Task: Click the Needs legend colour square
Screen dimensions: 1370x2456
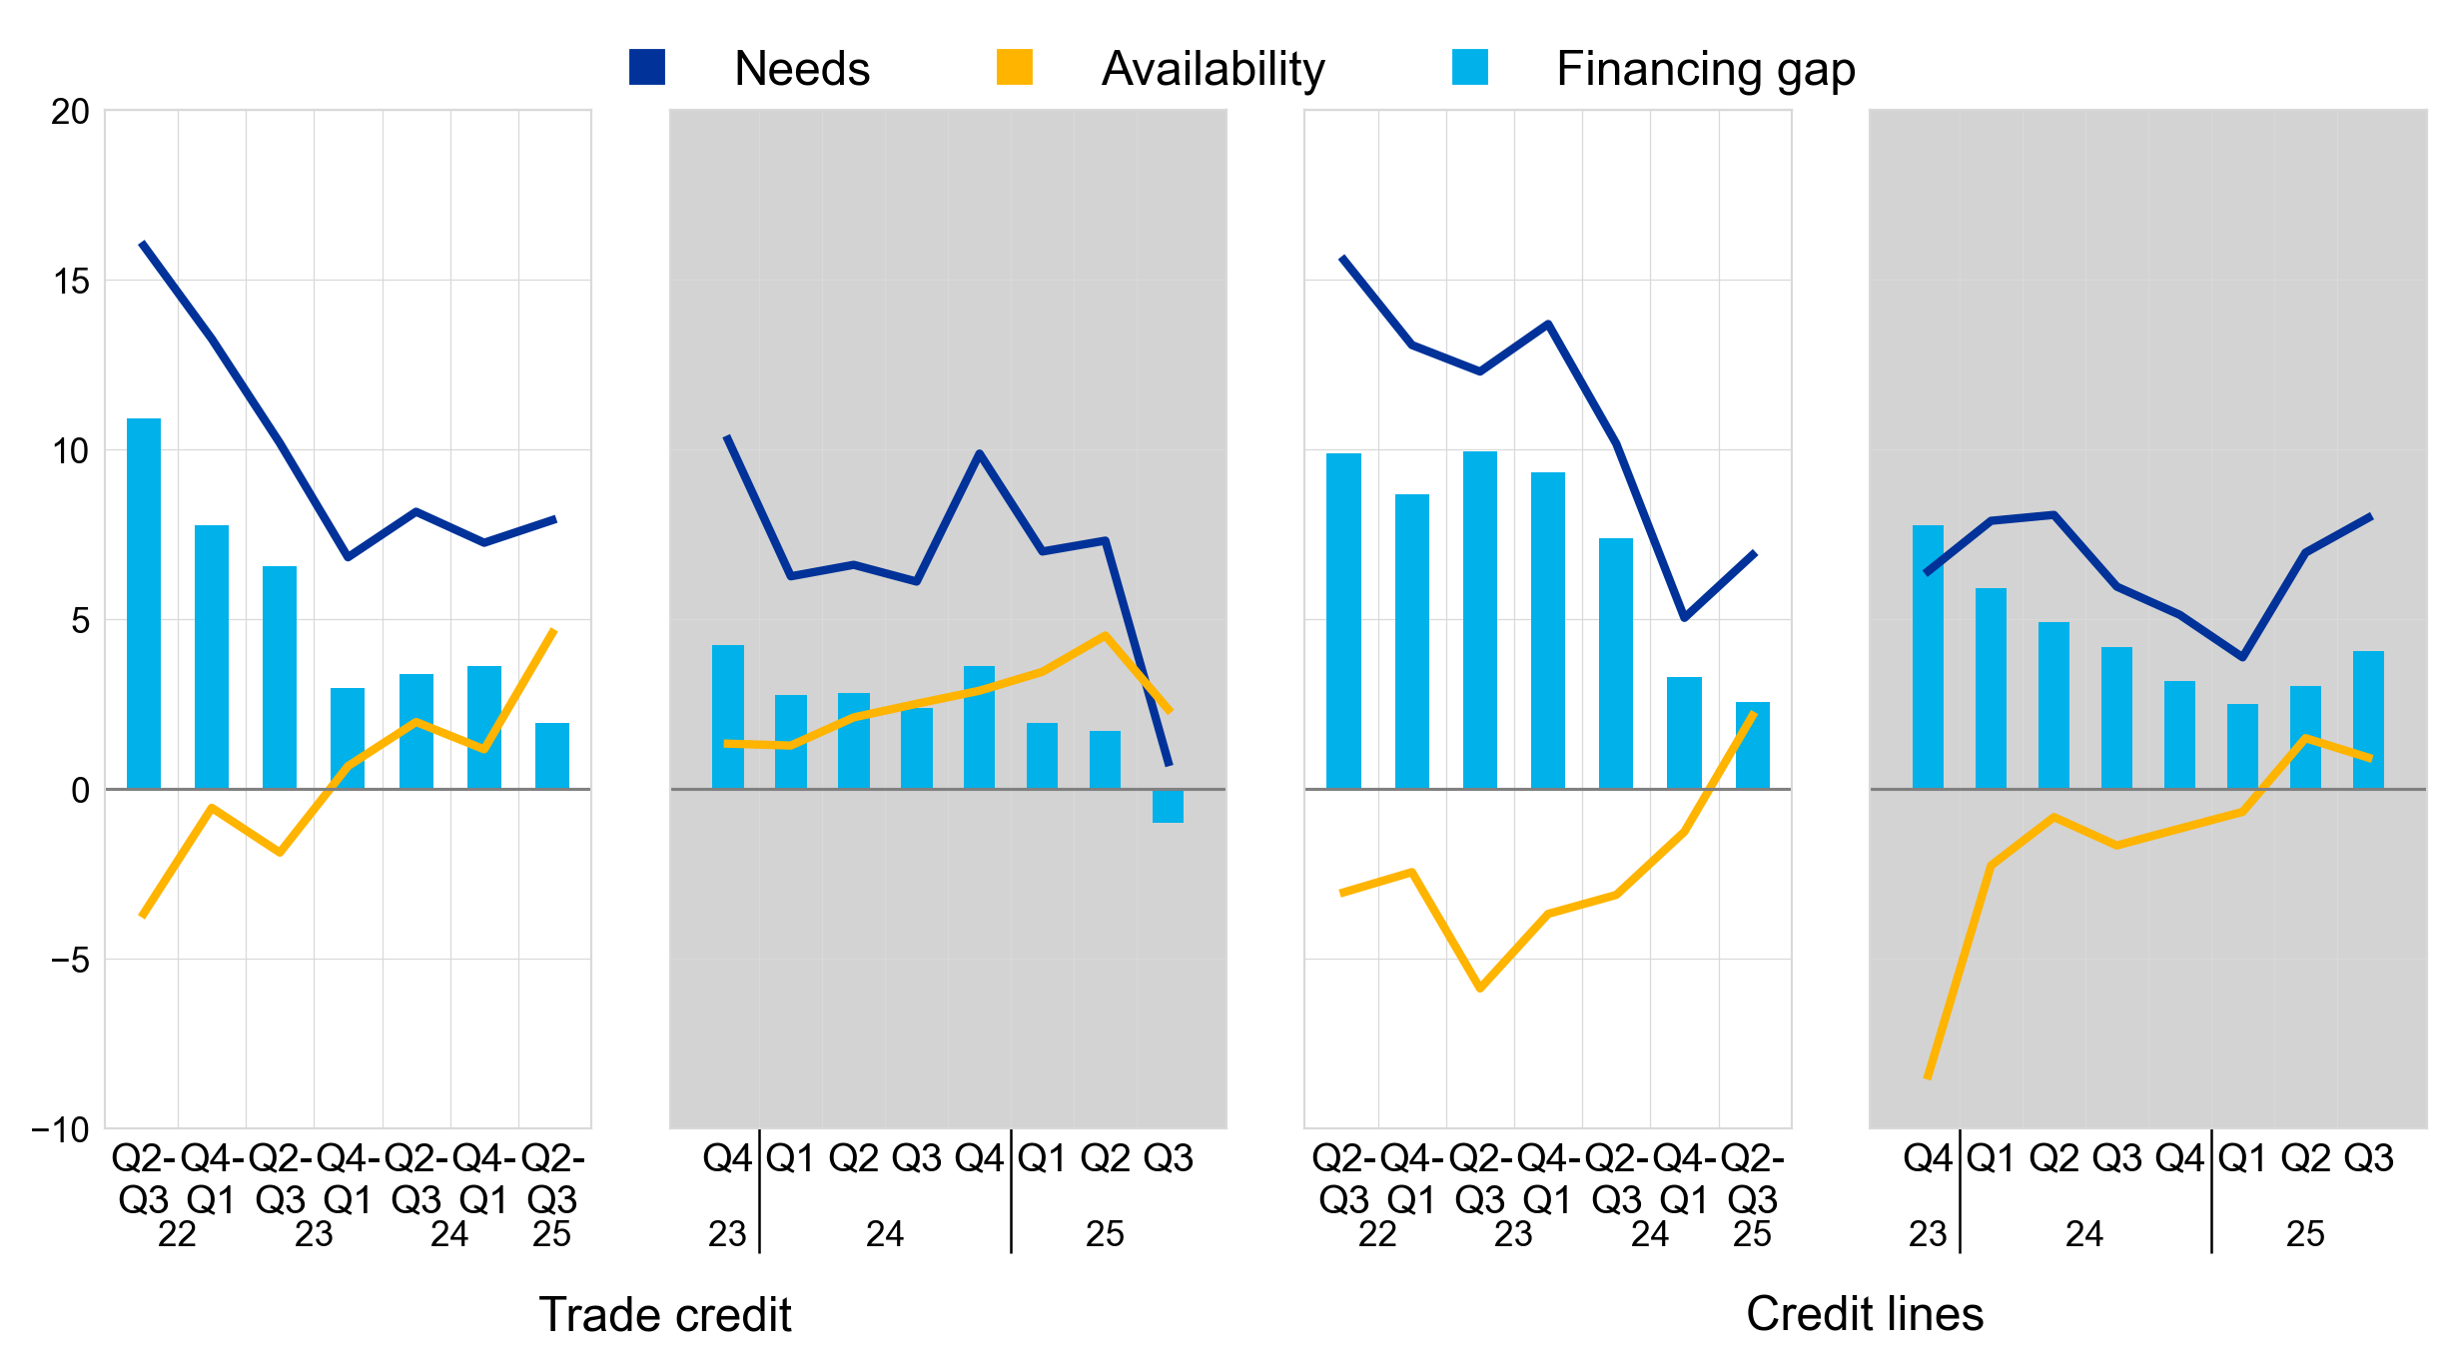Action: coord(646,67)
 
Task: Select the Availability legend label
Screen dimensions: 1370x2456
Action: coord(1213,69)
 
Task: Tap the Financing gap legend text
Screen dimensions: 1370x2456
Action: coord(1705,69)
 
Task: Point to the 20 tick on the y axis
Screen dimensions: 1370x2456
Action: coord(70,112)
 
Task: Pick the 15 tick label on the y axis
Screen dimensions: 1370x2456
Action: coord(70,282)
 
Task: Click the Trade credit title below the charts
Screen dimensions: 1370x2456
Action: coord(665,1314)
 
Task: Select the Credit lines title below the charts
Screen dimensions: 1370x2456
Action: coord(1864,1314)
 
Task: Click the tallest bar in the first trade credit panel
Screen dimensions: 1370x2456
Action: coord(144,604)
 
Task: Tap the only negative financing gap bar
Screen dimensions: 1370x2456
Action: coord(1168,806)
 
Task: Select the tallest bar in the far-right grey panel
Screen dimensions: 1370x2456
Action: coord(1928,657)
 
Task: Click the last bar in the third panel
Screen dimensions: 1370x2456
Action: coord(1752,745)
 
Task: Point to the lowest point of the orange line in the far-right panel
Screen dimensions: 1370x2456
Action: coord(1928,1077)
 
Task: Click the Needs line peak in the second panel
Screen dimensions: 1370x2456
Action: coord(728,437)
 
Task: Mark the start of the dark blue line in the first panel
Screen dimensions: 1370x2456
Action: coord(143,244)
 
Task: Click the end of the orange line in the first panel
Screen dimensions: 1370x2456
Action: coord(554,630)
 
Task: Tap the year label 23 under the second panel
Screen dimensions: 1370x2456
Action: coord(727,1235)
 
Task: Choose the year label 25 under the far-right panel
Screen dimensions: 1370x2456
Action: coord(2305,1235)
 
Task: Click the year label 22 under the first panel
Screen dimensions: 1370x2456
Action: coord(177,1235)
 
